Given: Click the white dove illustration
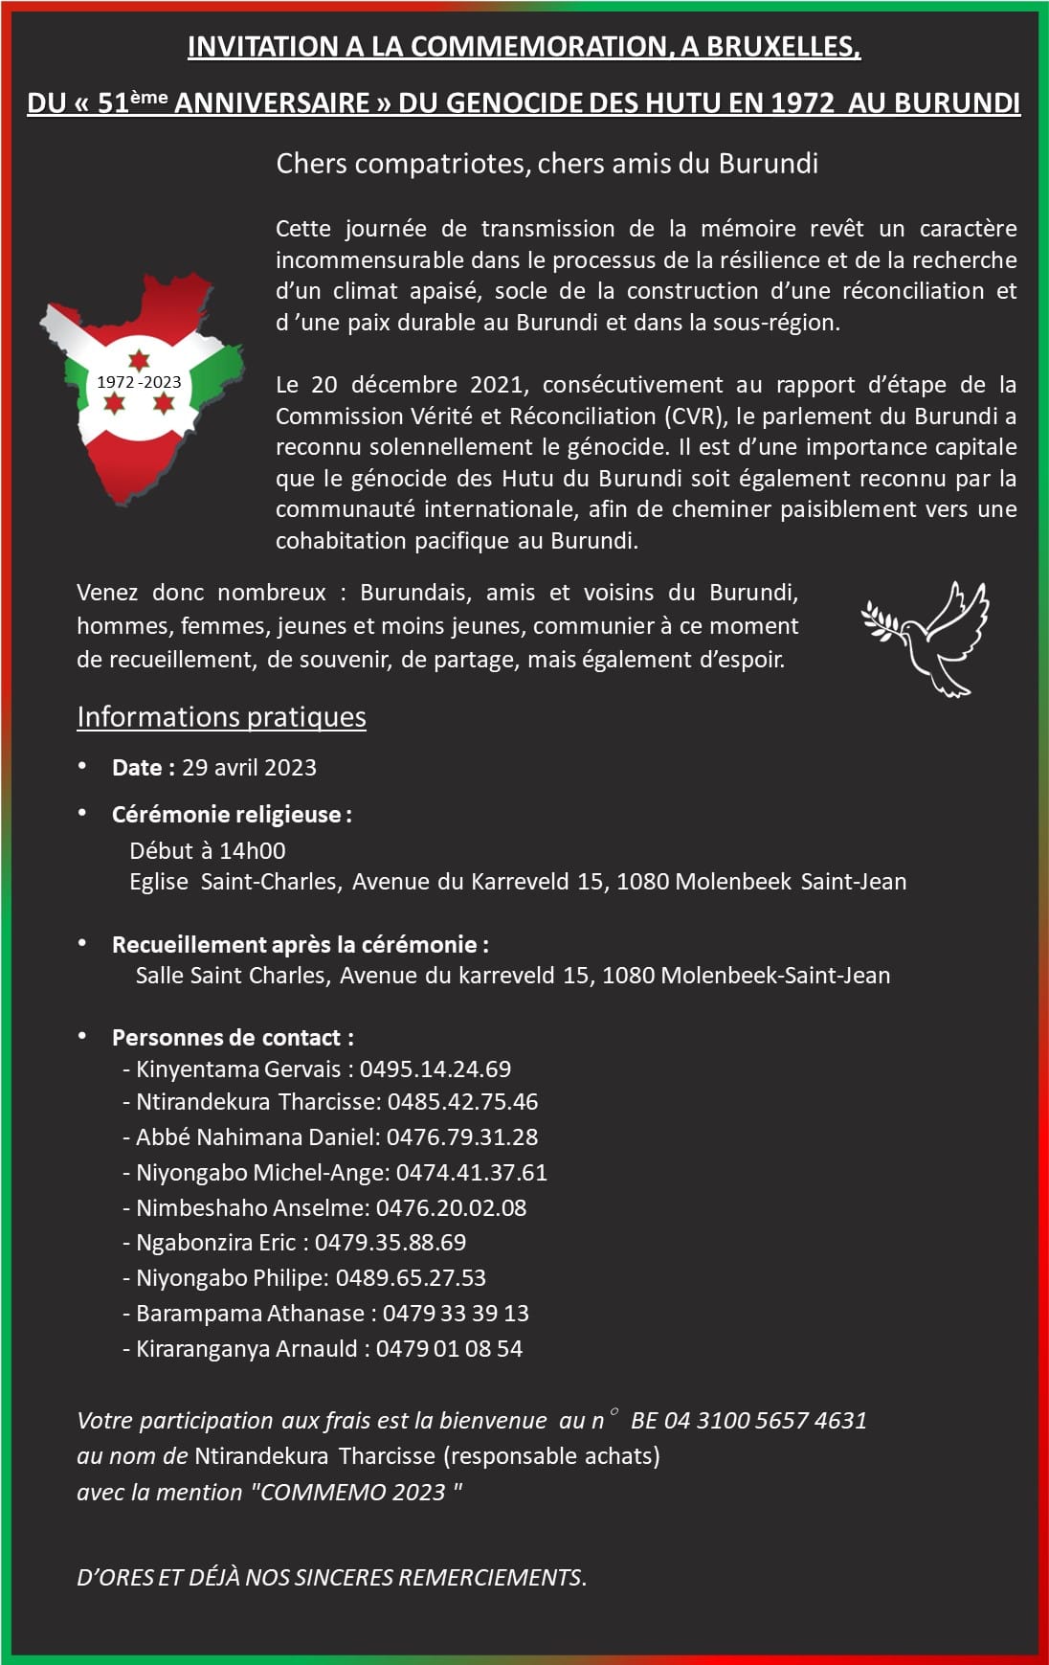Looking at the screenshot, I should pos(926,637).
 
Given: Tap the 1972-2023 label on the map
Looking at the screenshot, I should pos(139,382).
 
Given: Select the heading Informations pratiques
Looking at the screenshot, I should pos(221,717).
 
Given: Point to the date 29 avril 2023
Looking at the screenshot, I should pos(249,768).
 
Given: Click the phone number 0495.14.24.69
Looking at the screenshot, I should pos(435,1069).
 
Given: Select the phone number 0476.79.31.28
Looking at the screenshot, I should pos(462,1137).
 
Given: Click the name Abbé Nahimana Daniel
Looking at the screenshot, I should pos(256,1137).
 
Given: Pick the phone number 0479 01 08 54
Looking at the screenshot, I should pos(449,1349).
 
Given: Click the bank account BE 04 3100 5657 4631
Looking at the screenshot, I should pos(748,1421).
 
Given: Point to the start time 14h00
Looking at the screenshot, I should pos(253,851).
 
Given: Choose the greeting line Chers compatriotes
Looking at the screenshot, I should pos(547,164).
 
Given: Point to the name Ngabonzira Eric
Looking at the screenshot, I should pos(215,1243).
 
